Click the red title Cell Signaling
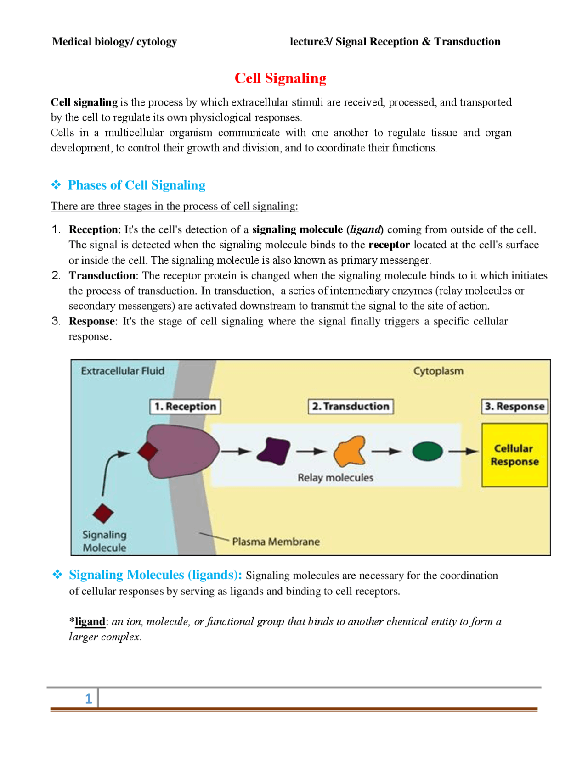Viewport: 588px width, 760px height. point(280,78)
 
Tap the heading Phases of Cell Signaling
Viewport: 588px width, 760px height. point(136,185)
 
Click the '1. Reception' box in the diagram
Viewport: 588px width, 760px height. point(185,406)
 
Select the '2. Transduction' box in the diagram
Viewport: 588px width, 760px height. point(351,406)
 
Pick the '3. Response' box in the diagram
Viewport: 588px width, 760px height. point(514,406)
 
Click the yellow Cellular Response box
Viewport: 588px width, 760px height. point(514,454)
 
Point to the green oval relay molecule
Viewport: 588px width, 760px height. point(427,451)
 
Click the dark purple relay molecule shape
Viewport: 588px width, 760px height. point(274,451)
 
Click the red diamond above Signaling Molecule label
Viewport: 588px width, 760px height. point(103,513)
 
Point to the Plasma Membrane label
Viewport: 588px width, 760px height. point(276,542)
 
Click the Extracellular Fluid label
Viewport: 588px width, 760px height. point(123,371)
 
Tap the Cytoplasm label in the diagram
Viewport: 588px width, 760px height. point(438,371)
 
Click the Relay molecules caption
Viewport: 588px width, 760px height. point(335,477)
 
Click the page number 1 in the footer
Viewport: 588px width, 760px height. point(89,699)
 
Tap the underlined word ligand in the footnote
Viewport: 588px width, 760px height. point(90,621)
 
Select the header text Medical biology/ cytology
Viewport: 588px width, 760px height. point(114,42)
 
